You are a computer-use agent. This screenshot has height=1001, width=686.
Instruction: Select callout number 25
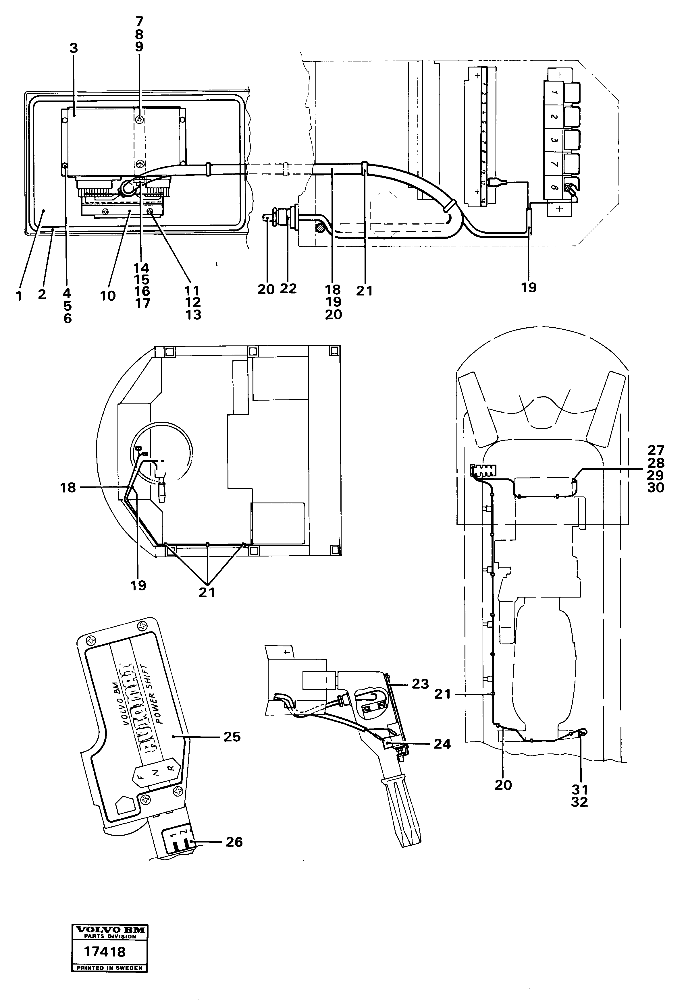point(232,737)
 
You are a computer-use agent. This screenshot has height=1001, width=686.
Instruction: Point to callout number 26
point(234,842)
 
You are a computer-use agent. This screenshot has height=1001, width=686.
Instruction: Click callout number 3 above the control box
point(74,48)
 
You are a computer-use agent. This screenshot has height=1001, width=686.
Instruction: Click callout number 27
point(656,451)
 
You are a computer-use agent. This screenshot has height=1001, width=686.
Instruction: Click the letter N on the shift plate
point(156,772)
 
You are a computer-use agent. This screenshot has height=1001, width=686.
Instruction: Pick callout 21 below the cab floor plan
point(207,593)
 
